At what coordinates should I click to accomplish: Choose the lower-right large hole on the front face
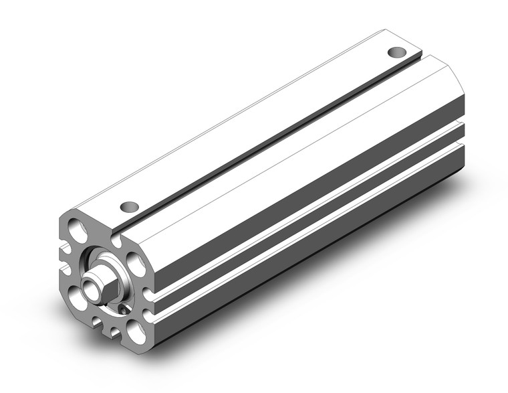pyautogui.click(x=136, y=329)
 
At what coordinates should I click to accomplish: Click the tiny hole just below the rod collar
pyautogui.click(x=122, y=309)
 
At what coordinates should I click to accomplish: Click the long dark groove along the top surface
pyautogui.click(x=267, y=140)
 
